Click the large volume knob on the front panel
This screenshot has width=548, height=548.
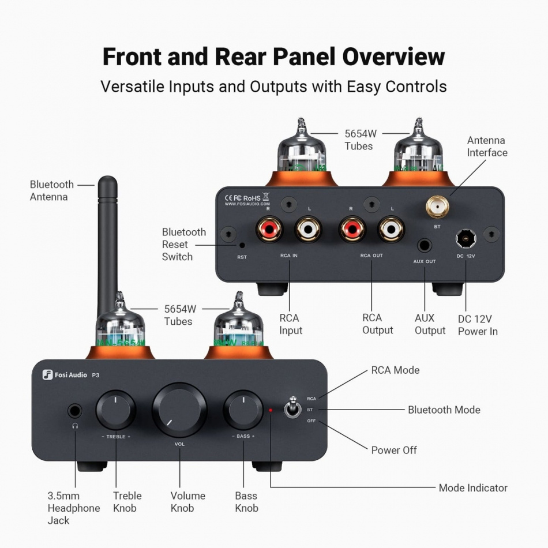click(x=179, y=410)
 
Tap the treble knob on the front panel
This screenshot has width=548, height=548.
click(x=116, y=410)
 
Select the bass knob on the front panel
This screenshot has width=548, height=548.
click(x=243, y=410)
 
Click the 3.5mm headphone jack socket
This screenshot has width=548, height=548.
click(x=74, y=411)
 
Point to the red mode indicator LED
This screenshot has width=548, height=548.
click(x=270, y=410)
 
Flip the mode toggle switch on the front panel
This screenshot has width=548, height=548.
click(x=291, y=408)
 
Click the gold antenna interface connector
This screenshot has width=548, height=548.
click(x=437, y=207)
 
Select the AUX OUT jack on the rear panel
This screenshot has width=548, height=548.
click(x=425, y=245)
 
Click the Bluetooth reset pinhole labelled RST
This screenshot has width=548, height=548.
click(x=242, y=245)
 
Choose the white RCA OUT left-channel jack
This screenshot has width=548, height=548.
click(x=391, y=228)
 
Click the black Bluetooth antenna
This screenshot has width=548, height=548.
click(x=107, y=242)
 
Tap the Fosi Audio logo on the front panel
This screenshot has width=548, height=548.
click(x=65, y=375)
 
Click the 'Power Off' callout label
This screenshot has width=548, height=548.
click(x=394, y=450)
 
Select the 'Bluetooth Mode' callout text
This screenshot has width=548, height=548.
click(x=444, y=410)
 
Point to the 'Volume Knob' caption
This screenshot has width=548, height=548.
click(x=187, y=502)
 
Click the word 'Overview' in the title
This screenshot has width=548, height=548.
click(x=393, y=57)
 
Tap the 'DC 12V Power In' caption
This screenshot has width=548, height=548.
click(x=478, y=325)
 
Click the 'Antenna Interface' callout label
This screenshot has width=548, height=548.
click(x=487, y=147)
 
